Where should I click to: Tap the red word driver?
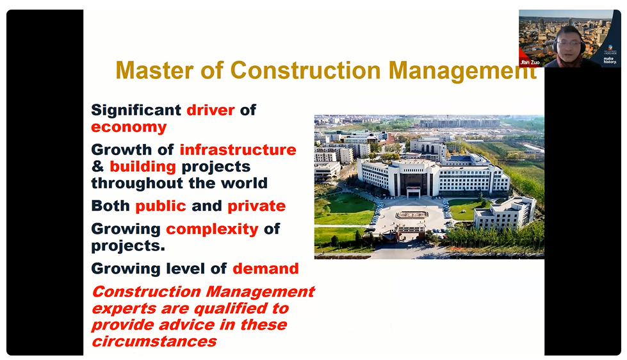pyautogui.click(x=210, y=110)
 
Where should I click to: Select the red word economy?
pyautogui.click(x=129, y=127)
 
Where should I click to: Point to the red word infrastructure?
pyautogui.click(x=238, y=150)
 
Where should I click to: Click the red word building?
pyautogui.click(x=143, y=167)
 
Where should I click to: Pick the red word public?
pyautogui.click(x=161, y=206)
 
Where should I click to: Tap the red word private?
pyautogui.click(x=257, y=206)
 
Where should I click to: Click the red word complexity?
pyautogui.click(x=213, y=229)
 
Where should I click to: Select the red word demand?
pyautogui.click(x=266, y=268)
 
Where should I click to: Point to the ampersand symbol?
pyautogui.click(x=97, y=167)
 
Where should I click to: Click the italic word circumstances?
pyautogui.click(x=154, y=341)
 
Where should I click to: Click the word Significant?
pyautogui.click(x=136, y=111)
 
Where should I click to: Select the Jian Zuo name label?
pyautogui.click(x=531, y=62)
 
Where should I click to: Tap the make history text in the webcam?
pyautogui.click(x=610, y=60)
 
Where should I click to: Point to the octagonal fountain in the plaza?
pyautogui.click(x=412, y=215)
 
